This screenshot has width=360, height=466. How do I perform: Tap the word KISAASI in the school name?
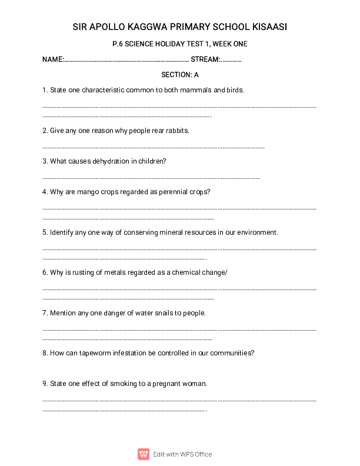pos(268,27)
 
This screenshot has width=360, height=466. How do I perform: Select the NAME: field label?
pos(52,59)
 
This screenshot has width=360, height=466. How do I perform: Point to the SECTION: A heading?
pos(180,75)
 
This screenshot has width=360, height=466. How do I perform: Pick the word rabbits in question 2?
pos(177,130)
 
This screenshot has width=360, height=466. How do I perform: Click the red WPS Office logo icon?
pos(144,454)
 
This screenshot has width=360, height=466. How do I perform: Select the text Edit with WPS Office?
pos(182,454)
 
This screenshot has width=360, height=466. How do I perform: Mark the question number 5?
pos(45,232)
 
